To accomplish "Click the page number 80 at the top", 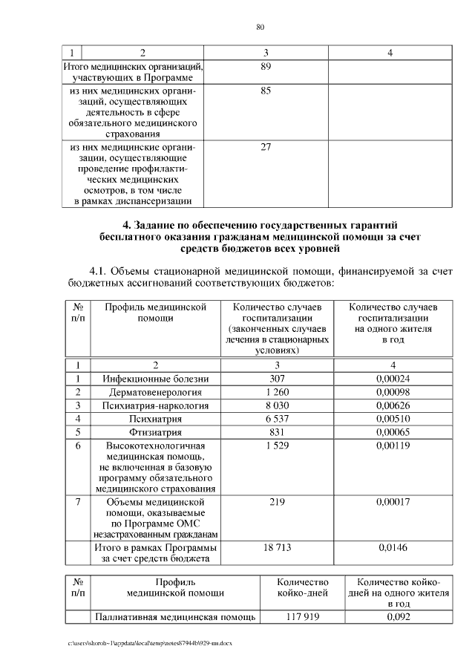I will pos(260,27).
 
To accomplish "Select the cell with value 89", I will pos(266,67).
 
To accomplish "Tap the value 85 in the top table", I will pos(266,91).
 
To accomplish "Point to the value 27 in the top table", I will pos(266,147).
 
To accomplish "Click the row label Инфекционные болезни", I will pos(156,379).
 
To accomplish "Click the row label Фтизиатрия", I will pos(156,432).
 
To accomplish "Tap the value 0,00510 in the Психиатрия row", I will pos(393,419).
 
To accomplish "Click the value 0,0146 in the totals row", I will pos(393,547).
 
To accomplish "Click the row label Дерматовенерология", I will pos(156,392).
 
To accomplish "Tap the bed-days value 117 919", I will pos(302,616).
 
